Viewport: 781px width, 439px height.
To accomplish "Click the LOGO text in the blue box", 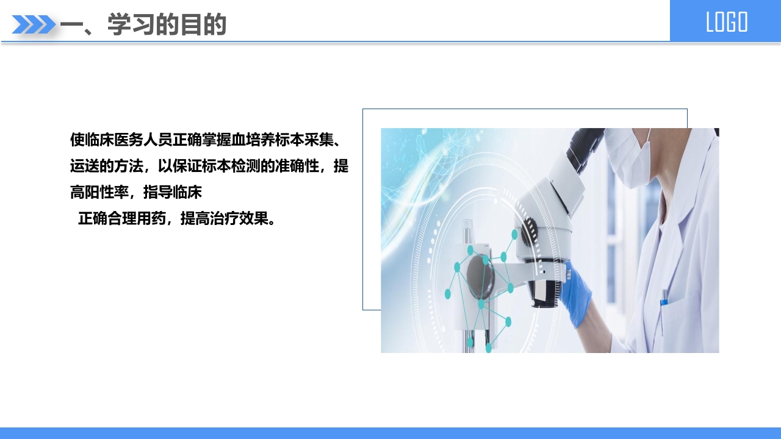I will [x=726, y=22].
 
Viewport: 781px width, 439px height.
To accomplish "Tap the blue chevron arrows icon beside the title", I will [x=34, y=24].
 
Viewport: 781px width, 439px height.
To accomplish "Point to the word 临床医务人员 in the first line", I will [x=121, y=140].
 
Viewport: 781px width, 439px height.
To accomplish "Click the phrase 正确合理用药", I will [x=121, y=218].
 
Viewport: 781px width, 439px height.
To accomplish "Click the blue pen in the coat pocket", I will [x=664, y=299].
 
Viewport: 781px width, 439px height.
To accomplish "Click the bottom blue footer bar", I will [x=390, y=433].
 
